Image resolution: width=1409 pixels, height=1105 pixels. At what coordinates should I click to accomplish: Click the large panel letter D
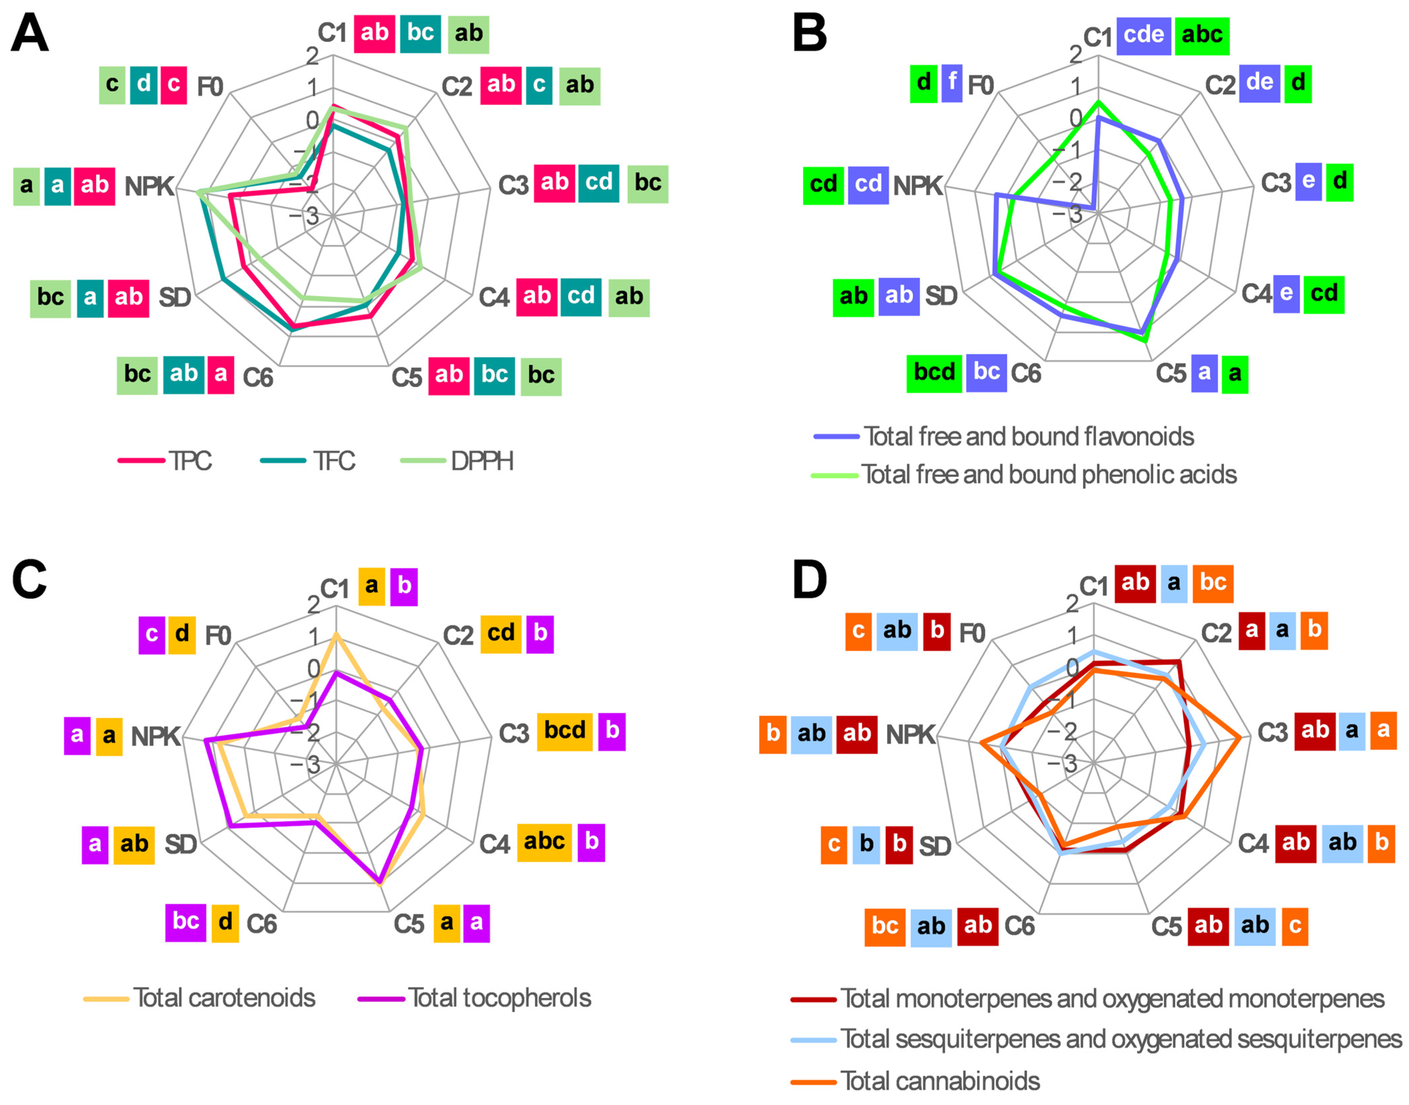tap(809, 580)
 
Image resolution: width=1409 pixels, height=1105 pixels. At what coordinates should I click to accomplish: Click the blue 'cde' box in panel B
tap(1143, 35)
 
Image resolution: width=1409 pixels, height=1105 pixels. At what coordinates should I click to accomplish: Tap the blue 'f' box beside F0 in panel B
tap(952, 83)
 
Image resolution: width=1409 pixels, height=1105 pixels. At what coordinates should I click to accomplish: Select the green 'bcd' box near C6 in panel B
tap(934, 373)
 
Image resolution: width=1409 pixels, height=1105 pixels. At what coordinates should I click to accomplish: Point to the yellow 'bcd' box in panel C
tap(564, 731)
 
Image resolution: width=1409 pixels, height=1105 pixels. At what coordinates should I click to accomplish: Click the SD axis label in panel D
tap(935, 846)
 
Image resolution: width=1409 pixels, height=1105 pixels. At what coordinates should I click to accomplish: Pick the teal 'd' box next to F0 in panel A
tap(143, 84)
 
